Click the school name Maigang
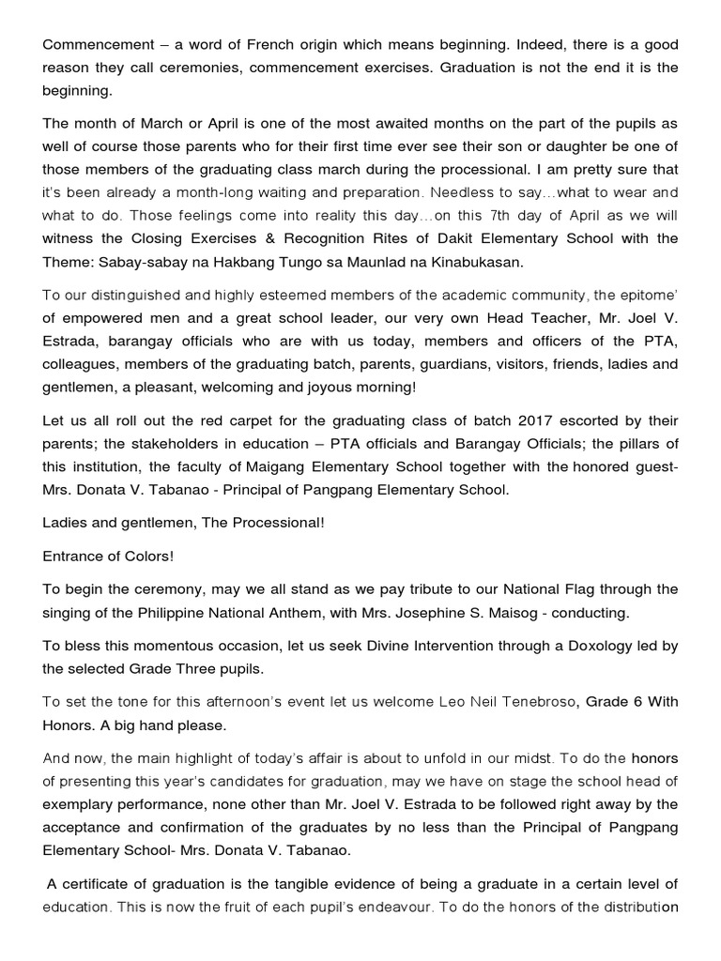296,466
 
